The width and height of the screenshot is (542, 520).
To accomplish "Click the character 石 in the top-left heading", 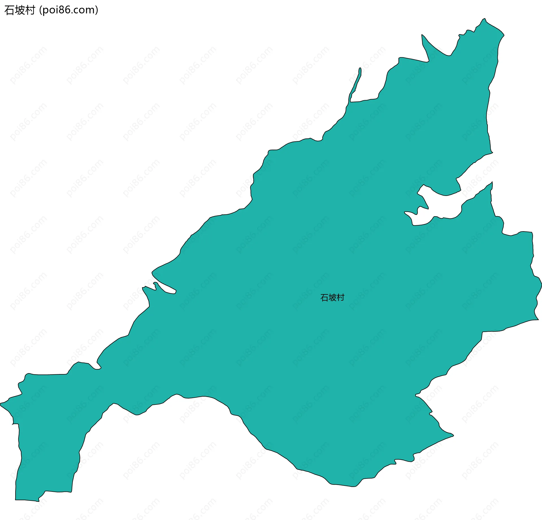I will [x=9, y=10].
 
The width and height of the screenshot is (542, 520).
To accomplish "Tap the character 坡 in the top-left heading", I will [x=20, y=10].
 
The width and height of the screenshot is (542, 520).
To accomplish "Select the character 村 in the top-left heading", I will [x=30, y=10].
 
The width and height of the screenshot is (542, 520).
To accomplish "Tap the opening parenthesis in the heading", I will [x=40, y=10].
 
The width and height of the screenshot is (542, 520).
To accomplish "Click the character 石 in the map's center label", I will [x=324, y=298].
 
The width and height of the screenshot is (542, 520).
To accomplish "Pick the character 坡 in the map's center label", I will [x=332, y=298].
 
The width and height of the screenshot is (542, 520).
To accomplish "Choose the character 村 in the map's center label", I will [x=340, y=298].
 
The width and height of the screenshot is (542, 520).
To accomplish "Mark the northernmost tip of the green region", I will [x=484, y=19].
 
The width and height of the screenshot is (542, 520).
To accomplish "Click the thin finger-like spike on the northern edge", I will [x=360, y=71].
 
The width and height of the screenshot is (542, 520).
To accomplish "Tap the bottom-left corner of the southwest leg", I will [x=16, y=499].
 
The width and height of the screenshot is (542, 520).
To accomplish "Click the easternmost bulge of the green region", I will [x=540, y=285].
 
